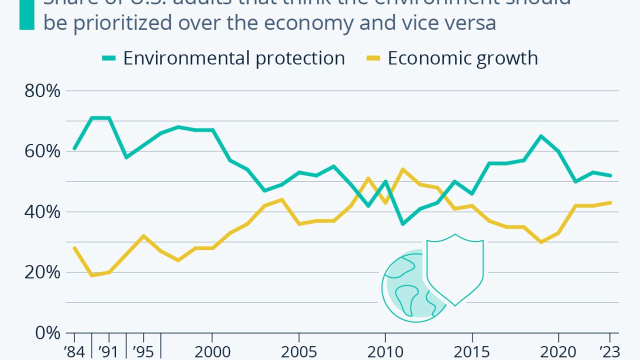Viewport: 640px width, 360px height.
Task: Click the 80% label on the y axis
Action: (x=42, y=91)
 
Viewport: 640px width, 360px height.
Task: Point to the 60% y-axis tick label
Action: (x=42, y=151)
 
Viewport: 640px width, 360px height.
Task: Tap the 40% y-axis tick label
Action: (x=42, y=212)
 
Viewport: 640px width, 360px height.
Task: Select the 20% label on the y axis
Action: (x=42, y=272)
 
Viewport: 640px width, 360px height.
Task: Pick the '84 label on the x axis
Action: (x=74, y=352)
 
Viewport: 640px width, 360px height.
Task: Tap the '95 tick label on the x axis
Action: (x=143, y=352)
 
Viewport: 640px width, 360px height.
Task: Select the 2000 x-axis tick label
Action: (x=212, y=352)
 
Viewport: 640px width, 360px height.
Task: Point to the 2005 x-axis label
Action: (x=298, y=352)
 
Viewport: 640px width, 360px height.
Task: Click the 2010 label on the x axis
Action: (x=385, y=352)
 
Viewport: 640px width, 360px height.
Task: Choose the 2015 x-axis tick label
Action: (x=471, y=352)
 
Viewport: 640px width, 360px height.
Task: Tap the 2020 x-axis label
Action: (x=558, y=352)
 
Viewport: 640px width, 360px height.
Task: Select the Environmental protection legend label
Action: (x=234, y=58)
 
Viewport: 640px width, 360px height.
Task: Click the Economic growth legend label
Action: (x=462, y=58)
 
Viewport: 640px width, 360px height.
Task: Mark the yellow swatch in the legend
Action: (x=373, y=58)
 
